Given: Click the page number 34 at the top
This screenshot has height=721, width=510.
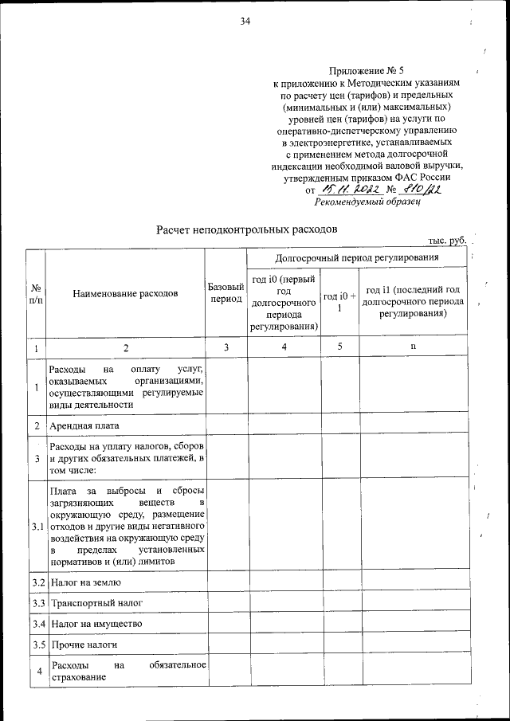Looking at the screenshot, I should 245,22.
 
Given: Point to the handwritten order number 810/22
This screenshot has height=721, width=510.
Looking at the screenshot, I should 423,190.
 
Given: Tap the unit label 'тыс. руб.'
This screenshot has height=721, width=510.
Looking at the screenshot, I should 447,240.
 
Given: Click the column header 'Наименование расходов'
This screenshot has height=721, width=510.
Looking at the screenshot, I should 125,293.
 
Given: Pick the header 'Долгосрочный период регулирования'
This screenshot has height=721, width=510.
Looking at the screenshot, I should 356,258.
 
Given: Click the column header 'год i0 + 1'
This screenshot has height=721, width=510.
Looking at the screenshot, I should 339,302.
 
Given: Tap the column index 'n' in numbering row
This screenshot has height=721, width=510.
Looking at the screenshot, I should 412,347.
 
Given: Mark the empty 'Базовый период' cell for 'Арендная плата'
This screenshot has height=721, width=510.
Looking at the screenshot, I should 225,425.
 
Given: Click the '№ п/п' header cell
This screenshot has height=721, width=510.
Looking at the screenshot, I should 36,293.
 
